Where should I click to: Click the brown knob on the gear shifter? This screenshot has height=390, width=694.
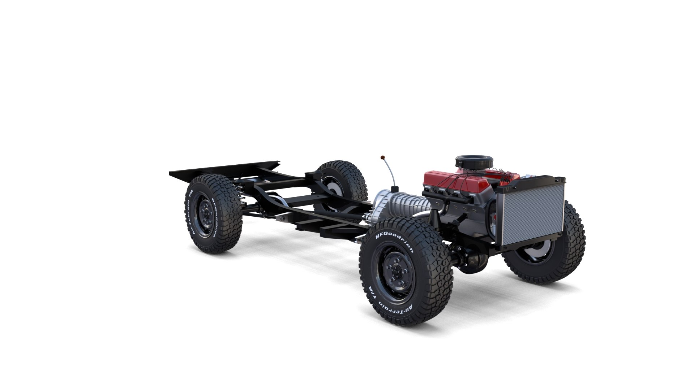click(x=382, y=157)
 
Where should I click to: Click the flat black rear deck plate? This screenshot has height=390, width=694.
click(x=224, y=169)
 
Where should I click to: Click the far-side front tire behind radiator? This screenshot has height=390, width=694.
click(x=564, y=253)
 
